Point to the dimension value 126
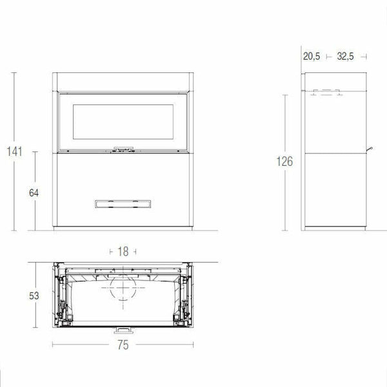[x=285, y=161]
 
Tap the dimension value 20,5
[x=312, y=57]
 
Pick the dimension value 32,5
[x=346, y=57]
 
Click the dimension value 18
[x=123, y=252]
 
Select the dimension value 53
[x=34, y=295]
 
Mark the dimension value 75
[x=123, y=345]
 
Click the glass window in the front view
[x=123, y=122]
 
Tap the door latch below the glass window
[x=123, y=148]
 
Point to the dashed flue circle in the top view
[x=123, y=292]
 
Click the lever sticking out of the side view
[x=371, y=150]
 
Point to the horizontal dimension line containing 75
[x=77, y=345]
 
